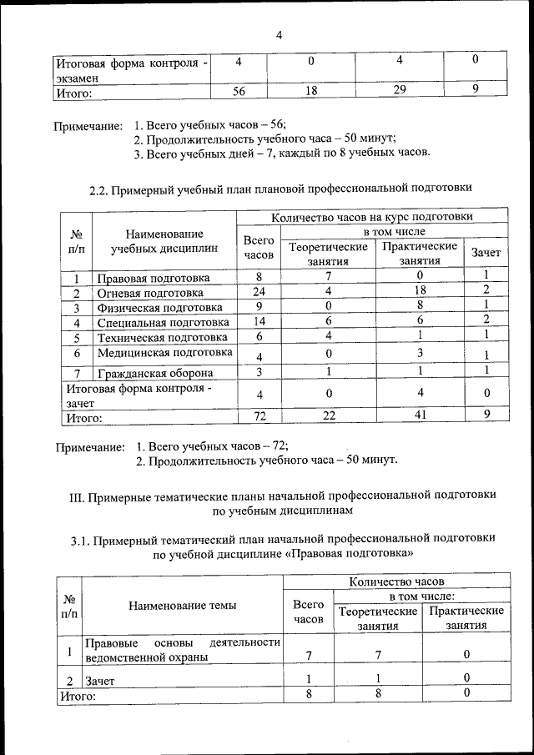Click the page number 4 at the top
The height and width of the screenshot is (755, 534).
(x=279, y=34)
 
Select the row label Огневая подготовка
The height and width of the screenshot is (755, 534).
(x=149, y=293)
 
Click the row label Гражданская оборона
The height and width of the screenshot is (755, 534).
(x=154, y=373)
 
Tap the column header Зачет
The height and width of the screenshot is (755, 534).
(x=486, y=252)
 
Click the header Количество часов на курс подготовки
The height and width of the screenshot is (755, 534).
(x=372, y=216)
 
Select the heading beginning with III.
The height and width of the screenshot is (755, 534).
(x=282, y=501)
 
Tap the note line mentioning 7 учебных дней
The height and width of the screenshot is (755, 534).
(x=282, y=154)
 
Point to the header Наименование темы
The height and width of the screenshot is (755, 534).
(x=182, y=606)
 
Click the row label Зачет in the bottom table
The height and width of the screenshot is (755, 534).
(x=100, y=681)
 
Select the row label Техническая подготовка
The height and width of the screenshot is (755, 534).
(x=162, y=338)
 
